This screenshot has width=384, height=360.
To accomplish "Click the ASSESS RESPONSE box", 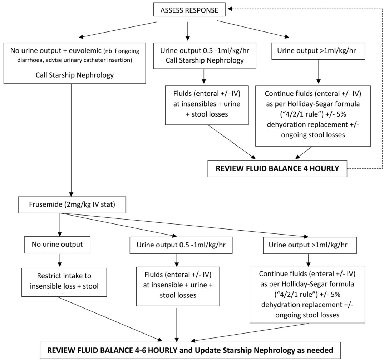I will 189,10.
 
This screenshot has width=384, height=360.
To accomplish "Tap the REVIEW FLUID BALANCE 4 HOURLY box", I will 278,168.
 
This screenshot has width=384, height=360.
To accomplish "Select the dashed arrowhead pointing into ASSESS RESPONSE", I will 231,8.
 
